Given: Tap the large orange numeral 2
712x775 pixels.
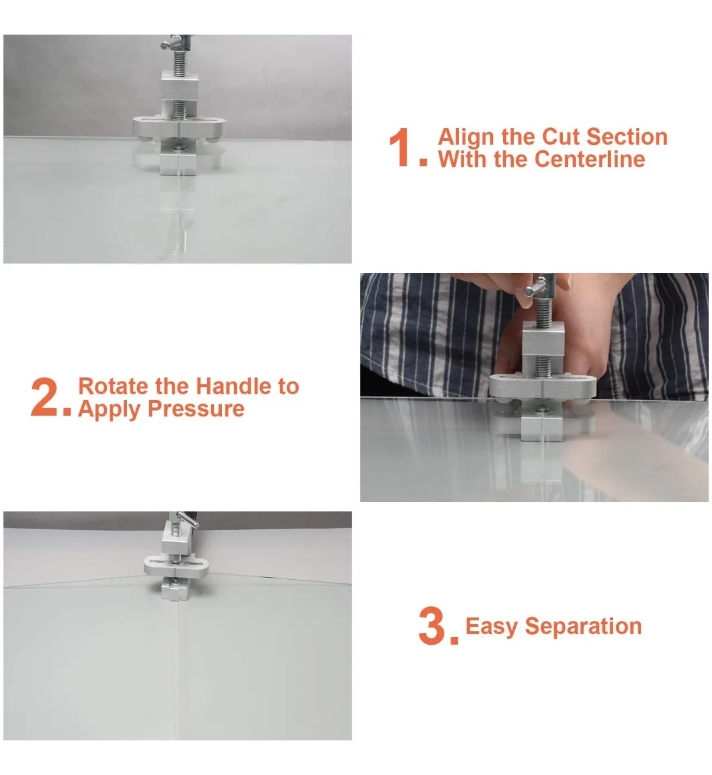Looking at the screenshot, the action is [x=44, y=397].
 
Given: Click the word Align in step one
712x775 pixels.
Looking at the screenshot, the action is [x=466, y=137].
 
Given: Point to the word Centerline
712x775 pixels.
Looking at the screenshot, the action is [x=590, y=159].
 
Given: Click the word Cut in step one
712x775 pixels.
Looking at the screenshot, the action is [x=561, y=137].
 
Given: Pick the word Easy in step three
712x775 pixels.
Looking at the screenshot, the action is [x=491, y=626].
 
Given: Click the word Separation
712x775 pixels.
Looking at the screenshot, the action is [x=583, y=626].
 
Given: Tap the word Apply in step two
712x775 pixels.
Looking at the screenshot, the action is [x=109, y=410].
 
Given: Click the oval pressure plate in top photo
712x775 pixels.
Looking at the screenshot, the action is [x=179, y=127].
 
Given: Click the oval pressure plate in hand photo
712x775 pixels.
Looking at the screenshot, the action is [x=543, y=387].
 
